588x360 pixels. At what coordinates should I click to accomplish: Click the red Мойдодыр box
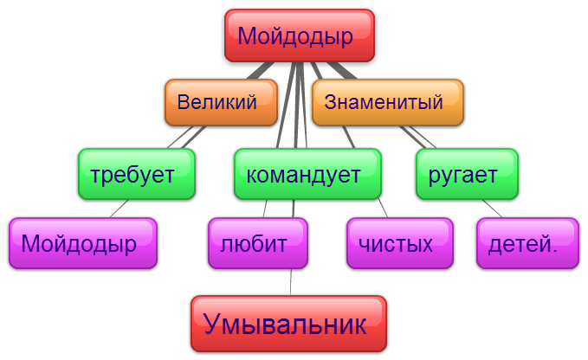(300, 35)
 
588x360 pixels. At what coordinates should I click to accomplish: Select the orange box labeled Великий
(221, 102)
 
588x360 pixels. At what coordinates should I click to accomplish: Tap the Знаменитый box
(388, 102)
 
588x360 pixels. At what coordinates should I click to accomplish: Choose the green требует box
(137, 174)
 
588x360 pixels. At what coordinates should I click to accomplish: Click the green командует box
(308, 174)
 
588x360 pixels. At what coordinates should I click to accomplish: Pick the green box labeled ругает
(468, 174)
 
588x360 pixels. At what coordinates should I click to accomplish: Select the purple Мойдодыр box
(83, 243)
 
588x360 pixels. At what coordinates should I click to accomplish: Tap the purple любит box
(258, 243)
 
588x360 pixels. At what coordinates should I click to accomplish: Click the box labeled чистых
(400, 243)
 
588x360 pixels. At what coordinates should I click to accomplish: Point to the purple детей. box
(528, 243)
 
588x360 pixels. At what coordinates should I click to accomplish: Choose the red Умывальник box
(288, 324)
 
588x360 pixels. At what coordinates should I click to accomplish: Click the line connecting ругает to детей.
(492, 209)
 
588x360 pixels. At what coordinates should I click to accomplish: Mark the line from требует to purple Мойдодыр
(119, 209)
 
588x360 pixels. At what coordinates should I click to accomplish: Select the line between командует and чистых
(383, 209)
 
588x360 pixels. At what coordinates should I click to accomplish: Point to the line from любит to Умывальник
(291, 282)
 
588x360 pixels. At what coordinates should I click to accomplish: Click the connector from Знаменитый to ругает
(417, 137)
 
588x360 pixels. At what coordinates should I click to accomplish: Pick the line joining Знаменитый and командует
(348, 137)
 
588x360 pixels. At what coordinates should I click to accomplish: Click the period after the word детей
(554, 250)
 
